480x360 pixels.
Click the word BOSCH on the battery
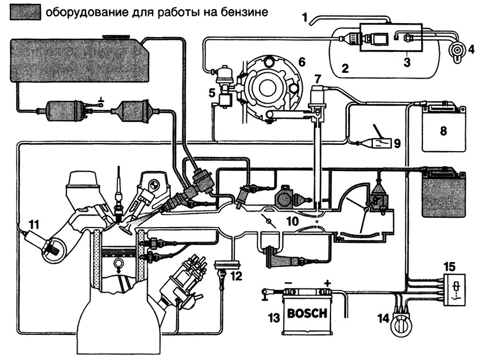coord(307,314)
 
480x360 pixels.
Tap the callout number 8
coord(443,129)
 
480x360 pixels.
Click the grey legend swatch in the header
coord(25,13)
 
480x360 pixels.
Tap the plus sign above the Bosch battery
coord(327,283)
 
